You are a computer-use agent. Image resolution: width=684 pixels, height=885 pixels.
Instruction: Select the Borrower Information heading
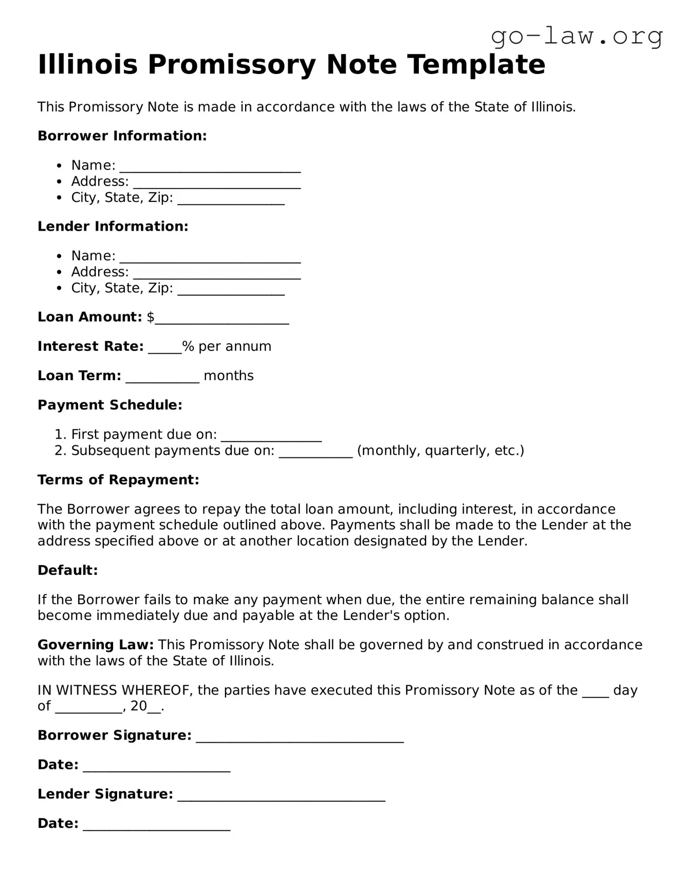pyautogui.click(x=122, y=136)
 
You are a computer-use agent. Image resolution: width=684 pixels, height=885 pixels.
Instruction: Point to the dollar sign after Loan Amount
pyautogui.click(x=151, y=317)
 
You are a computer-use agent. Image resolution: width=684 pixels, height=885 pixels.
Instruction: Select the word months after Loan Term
pyautogui.click(x=229, y=376)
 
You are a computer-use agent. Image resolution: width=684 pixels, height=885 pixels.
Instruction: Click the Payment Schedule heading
pyautogui.click(x=109, y=405)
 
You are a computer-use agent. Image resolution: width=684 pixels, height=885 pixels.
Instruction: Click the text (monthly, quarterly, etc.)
pyautogui.click(x=440, y=450)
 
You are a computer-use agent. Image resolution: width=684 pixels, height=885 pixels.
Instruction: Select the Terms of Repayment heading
pyautogui.click(x=118, y=480)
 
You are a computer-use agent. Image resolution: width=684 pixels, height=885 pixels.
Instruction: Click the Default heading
pyautogui.click(x=67, y=570)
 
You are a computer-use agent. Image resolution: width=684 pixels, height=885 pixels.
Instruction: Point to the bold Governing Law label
pyautogui.click(x=96, y=645)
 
